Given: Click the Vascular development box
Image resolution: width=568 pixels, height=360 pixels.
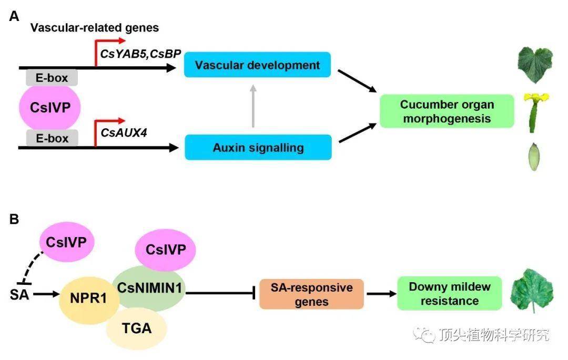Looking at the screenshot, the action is point(257,65).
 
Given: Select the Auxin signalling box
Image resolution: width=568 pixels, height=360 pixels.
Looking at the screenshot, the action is point(258,147).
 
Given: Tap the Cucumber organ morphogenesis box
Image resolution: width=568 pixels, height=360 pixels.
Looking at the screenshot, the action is point(447,111).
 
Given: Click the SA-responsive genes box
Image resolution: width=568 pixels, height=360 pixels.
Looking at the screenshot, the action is point(311,294).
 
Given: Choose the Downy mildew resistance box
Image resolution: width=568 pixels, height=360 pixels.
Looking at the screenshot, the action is point(450,293).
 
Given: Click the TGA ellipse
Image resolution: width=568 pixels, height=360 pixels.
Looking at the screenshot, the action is point(137,328).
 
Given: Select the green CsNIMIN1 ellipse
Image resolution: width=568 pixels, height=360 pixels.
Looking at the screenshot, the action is point(149,289).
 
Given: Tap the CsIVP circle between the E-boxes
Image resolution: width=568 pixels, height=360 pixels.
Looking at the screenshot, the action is point(50,107).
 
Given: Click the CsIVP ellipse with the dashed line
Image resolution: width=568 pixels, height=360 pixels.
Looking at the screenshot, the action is point(67,242).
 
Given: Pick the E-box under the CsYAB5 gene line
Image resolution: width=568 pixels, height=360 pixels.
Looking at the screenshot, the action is point(52,78).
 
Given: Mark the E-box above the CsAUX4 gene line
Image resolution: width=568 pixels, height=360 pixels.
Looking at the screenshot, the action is point(52,138).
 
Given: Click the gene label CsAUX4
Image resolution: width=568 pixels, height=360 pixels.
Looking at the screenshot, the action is point(124,133).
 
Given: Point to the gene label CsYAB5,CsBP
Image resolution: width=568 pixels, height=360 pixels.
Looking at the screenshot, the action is point(140,54).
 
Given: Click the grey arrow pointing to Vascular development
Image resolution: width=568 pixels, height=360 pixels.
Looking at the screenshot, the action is point(253,106).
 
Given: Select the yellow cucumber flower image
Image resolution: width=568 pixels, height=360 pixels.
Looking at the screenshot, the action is point(535,112).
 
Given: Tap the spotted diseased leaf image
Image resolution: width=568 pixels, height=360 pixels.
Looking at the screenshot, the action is point(532,291).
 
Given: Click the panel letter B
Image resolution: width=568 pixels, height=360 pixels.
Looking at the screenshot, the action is point(14,219).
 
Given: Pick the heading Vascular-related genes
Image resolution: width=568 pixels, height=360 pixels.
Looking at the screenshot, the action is point(95,28).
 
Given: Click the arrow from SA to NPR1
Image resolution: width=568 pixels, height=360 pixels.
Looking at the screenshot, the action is point(46,294).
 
